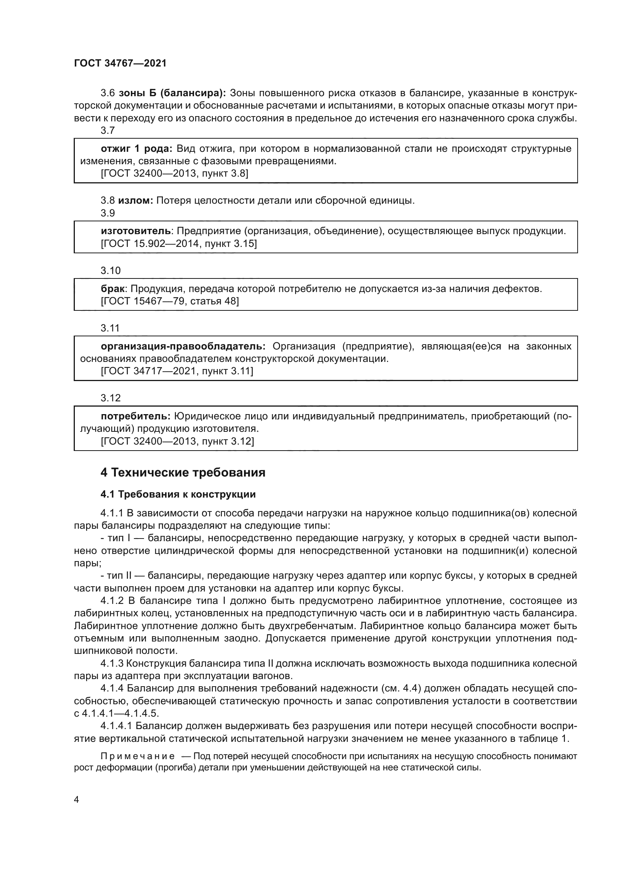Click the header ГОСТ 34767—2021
tap(120, 64)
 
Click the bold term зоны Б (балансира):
tap(172, 93)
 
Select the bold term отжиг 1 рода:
tap(137, 148)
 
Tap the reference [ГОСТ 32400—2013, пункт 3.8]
tap(174, 173)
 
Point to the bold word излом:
tap(135, 200)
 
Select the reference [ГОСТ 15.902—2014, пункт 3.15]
tap(179, 244)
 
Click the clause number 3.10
tap(110, 271)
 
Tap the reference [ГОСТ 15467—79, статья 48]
tap(170, 301)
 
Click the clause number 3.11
tap(110, 328)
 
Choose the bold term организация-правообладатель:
tap(183, 346)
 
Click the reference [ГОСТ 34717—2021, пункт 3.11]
tap(177, 371)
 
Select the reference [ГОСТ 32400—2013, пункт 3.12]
tap(177, 442)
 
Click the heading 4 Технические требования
tap(183, 473)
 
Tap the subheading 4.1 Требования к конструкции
tap(178, 494)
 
